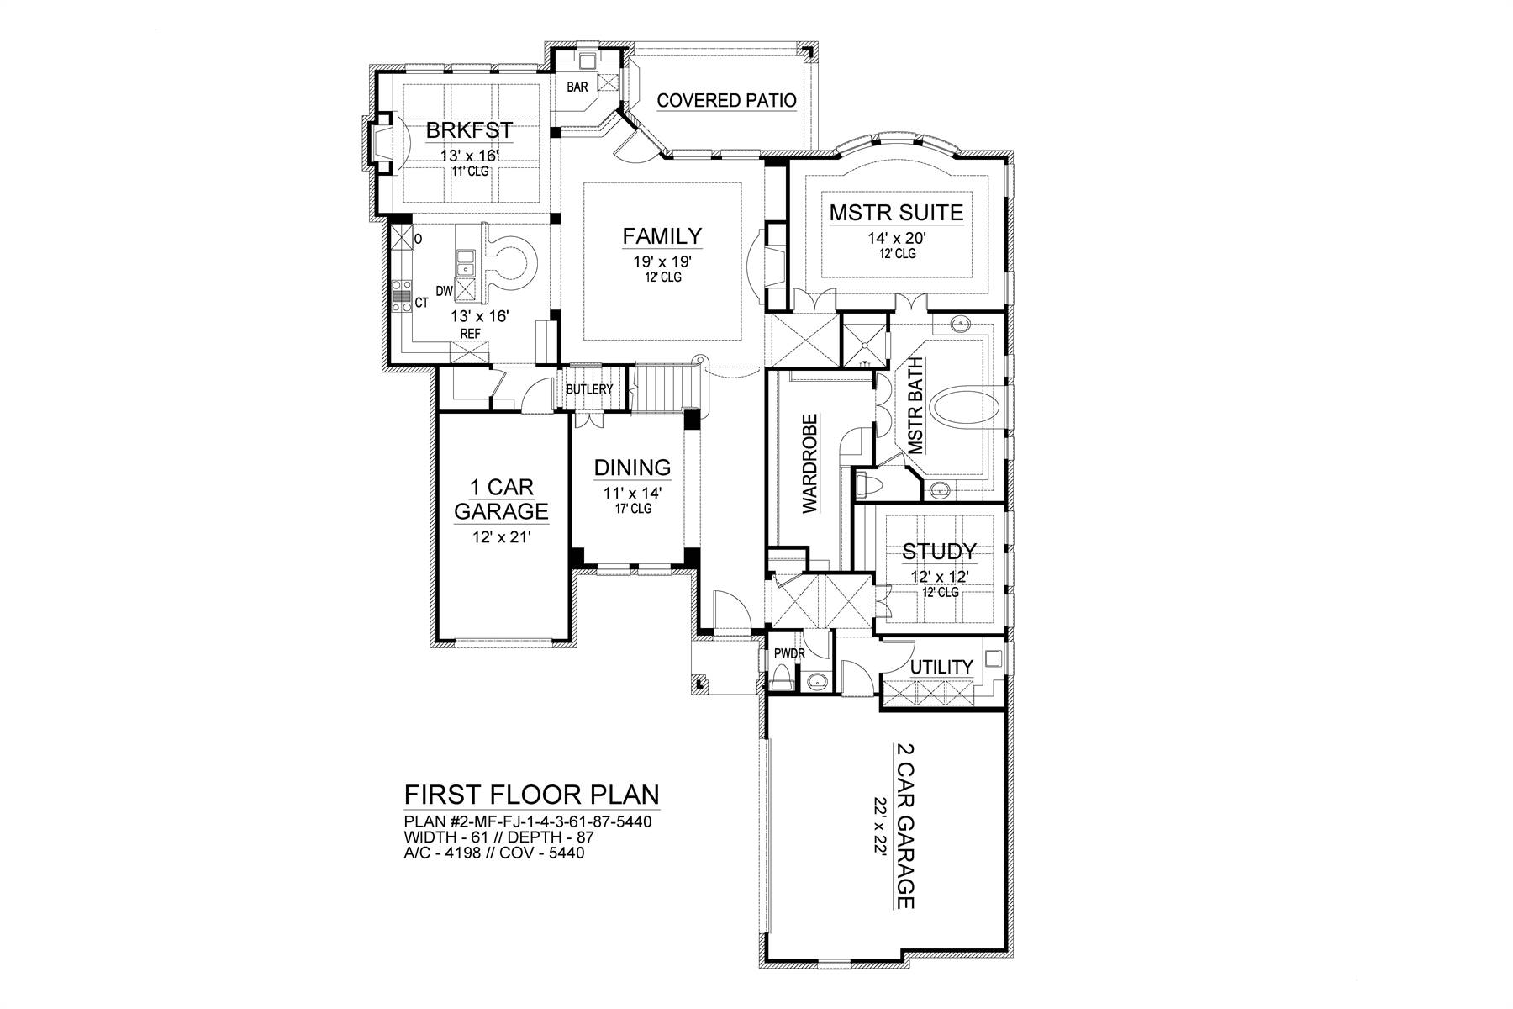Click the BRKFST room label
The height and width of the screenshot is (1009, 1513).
[x=469, y=131]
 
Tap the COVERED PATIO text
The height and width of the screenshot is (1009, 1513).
[x=726, y=101]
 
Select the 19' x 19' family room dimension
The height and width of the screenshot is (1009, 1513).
[x=662, y=261]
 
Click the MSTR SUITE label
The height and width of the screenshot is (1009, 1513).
[x=896, y=213]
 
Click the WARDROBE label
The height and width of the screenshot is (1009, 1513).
[x=809, y=463]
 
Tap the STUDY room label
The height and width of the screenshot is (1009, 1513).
[x=939, y=552]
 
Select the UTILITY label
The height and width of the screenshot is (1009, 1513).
[x=941, y=667]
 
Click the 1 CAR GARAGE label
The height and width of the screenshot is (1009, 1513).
[x=501, y=499]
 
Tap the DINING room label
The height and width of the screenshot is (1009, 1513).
[x=632, y=468]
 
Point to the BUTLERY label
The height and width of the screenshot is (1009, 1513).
[x=589, y=390]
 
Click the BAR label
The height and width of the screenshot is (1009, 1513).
[x=577, y=87]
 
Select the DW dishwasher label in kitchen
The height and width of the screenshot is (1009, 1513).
[x=445, y=291]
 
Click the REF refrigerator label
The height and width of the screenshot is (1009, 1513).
[x=471, y=334]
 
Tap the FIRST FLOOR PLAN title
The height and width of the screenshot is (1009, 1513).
[x=531, y=795]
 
